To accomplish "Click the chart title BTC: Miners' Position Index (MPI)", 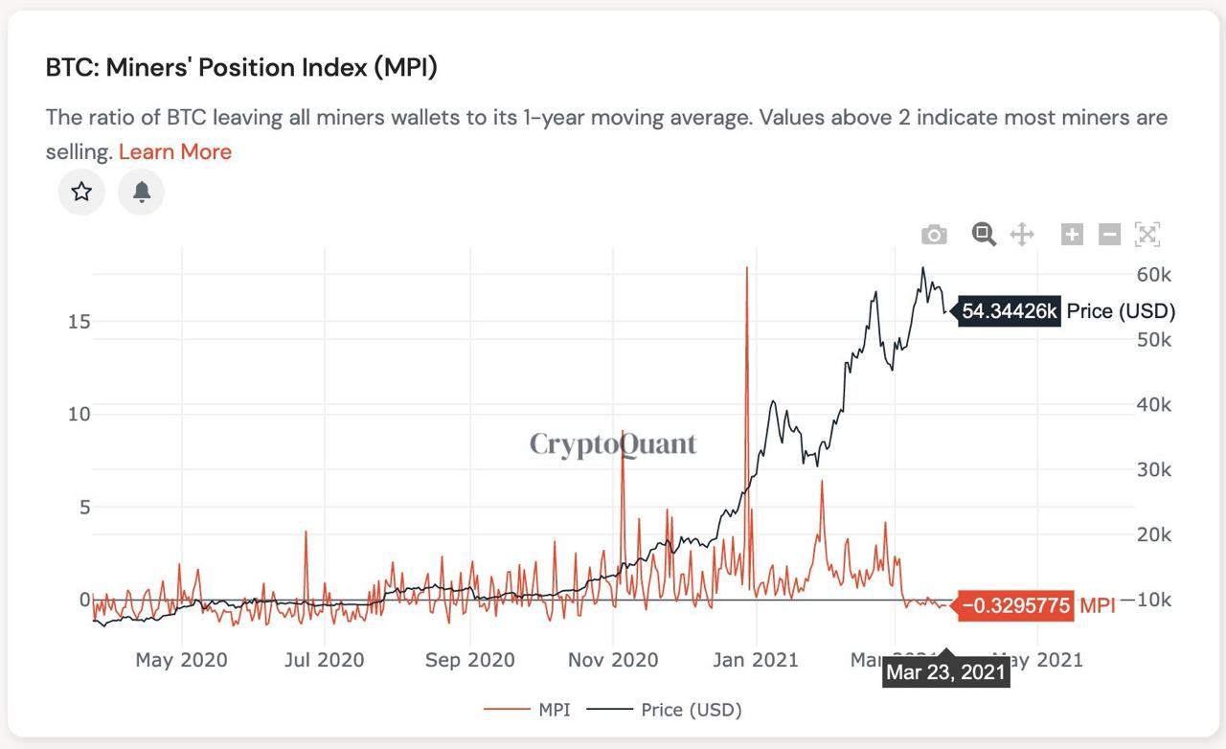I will click(x=241, y=68).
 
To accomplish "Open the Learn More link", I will click(x=175, y=152).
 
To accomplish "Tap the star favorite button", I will click(x=81, y=192).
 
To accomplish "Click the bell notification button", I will click(x=142, y=192).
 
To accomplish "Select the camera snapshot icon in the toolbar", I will click(x=934, y=235).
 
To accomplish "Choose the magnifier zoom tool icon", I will click(x=984, y=234).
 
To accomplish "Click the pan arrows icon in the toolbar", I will click(x=1022, y=234).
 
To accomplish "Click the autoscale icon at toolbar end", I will click(x=1147, y=234).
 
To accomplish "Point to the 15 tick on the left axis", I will click(x=79, y=321).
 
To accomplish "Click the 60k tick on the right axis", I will click(x=1153, y=275).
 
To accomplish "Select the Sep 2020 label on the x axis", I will click(x=469, y=660).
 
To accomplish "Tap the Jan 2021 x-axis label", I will click(x=757, y=660).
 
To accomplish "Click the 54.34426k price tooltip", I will click(x=1010, y=311).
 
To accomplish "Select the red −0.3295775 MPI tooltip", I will click(x=1015, y=605).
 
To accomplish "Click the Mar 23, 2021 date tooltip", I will click(x=945, y=672).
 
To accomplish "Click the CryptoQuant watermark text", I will click(x=613, y=444).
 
